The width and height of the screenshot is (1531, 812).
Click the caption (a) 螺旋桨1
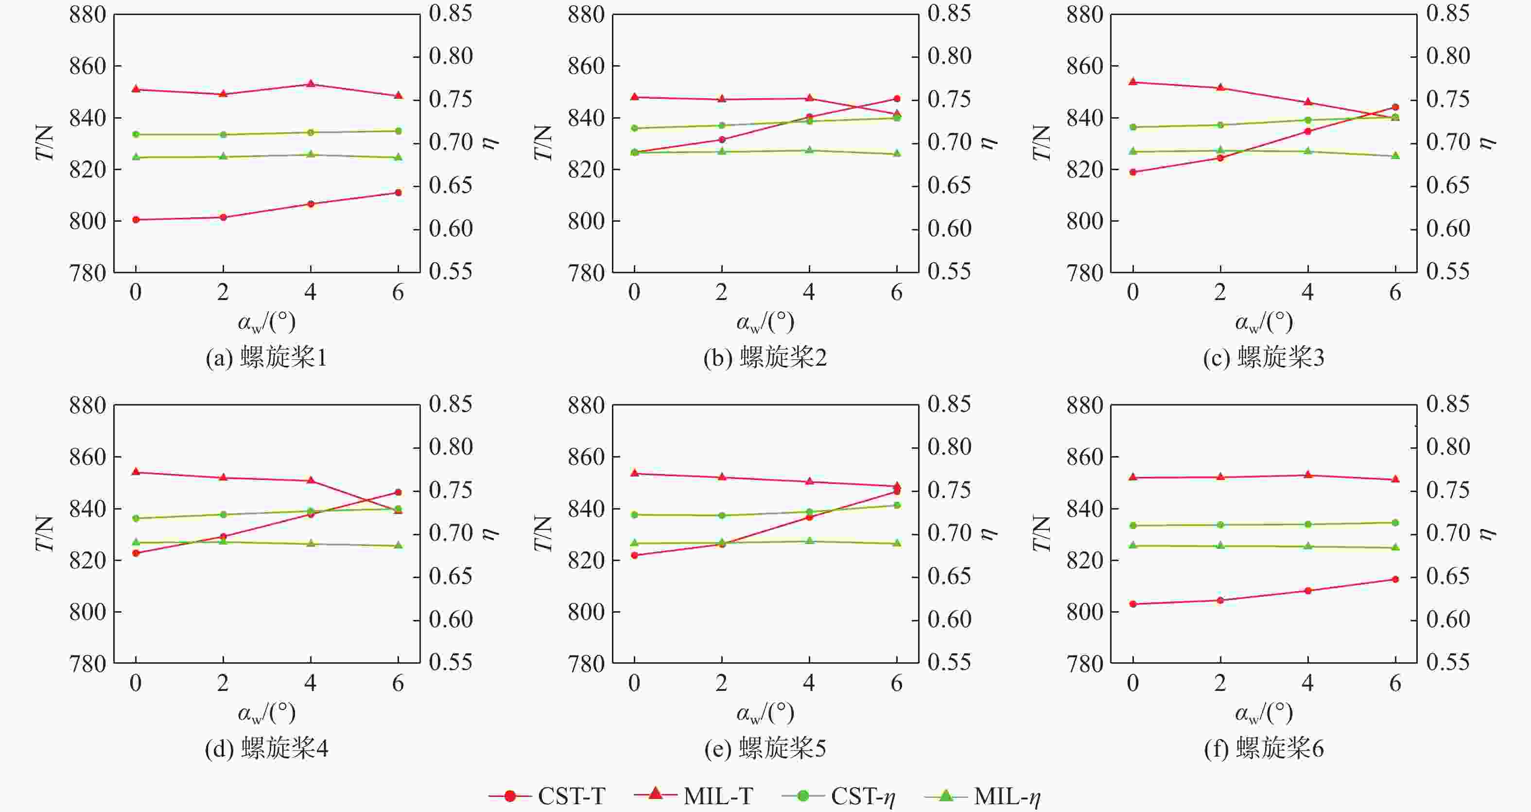pos(266,358)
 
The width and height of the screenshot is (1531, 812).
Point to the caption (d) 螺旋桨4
pos(266,748)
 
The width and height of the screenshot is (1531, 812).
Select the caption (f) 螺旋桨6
pos(1264,748)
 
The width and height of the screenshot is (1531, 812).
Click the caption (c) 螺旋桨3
pos(1264,358)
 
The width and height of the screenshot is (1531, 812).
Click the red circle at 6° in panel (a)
pos(398,193)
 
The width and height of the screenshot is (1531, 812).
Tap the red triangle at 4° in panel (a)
pos(310,84)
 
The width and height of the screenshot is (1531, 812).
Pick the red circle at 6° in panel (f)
pos(1395,579)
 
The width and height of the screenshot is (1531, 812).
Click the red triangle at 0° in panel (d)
pos(136,472)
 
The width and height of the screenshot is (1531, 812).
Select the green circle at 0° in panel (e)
pos(634,515)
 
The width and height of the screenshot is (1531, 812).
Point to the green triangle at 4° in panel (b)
pos(809,150)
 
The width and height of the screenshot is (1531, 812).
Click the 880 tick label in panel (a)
pos(87,15)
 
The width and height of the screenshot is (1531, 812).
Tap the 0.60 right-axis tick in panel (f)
pos(1448,620)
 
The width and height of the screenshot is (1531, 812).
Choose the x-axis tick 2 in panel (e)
pos(722,684)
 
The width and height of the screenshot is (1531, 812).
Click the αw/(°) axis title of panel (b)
pos(765,323)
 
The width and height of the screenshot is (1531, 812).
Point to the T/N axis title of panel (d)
pos(45,533)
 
